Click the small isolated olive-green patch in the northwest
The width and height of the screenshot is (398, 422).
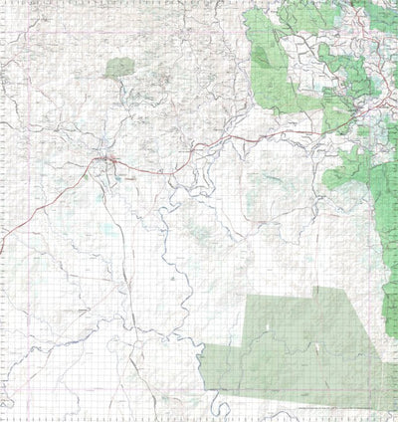(118, 68)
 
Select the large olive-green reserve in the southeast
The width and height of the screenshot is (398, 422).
(298, 348)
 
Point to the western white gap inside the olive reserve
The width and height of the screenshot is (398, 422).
(261, 343)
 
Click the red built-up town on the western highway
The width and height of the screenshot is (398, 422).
(106, 159)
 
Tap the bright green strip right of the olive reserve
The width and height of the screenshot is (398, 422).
(389, 299)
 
